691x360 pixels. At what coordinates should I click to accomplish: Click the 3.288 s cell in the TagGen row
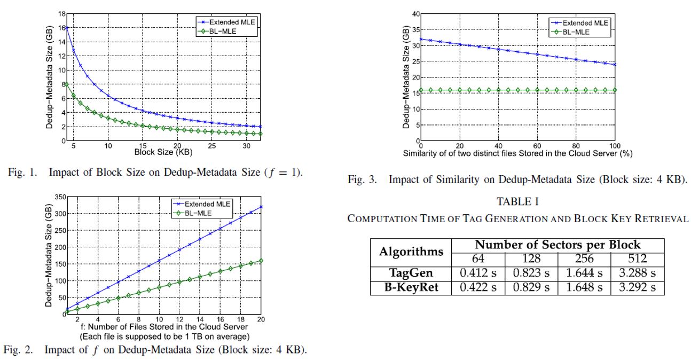pyautogui.click(x=637, y=274)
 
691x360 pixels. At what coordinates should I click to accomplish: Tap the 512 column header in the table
pyautogui.click(x=637, y=259)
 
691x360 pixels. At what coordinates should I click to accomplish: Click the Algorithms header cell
pyautogui.click(x=411, y=251)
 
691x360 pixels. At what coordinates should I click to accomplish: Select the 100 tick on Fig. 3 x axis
pyautogui.click(x=615, y=146)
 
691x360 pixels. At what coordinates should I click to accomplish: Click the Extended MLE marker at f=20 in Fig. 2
pyautogui.click(x=260, y=207)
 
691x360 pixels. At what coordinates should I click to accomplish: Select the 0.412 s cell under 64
pyautogui.click(x=478, y=274)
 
